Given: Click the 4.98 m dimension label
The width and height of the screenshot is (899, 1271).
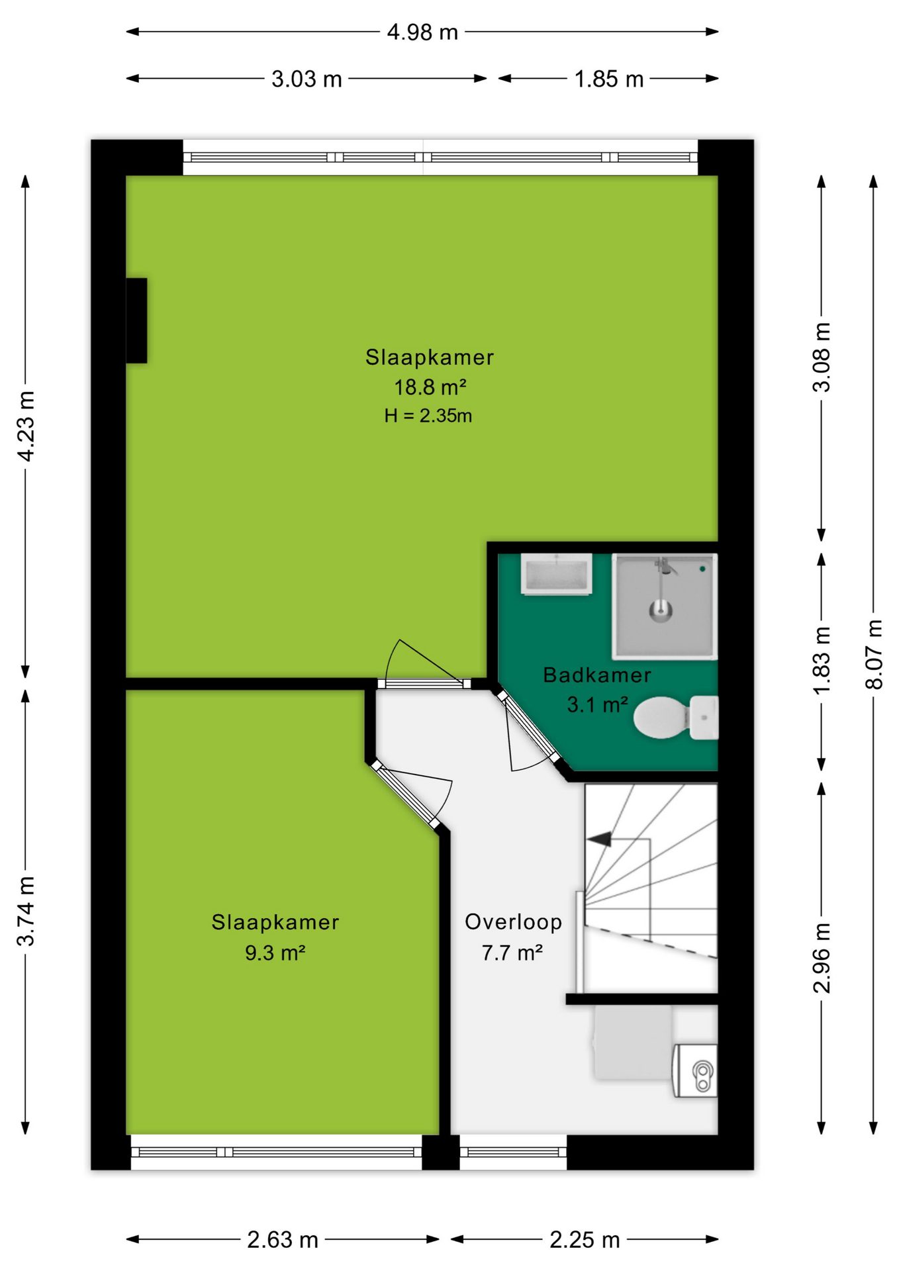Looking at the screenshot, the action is (422, 32).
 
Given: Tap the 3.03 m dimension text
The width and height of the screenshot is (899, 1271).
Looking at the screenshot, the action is (307, 79).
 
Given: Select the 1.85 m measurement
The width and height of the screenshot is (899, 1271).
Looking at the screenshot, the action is (608, 79).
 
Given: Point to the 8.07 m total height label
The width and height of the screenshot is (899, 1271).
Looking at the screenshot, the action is (874, 654).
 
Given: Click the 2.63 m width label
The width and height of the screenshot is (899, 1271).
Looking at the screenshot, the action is (283, 1239).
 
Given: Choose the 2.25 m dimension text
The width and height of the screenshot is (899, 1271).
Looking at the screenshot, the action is (585, 1239).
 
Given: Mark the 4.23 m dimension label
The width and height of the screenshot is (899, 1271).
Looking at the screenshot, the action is (26, 426).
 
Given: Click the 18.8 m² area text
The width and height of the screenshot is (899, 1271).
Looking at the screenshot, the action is (430, 387).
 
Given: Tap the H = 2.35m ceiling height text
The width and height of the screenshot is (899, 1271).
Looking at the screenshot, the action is (428, 416).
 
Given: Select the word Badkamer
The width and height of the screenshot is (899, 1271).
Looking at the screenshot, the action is (597, 675).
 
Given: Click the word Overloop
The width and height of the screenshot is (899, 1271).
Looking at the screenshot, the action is (514, 921).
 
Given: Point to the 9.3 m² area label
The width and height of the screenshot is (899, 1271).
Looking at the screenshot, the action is (275, 953).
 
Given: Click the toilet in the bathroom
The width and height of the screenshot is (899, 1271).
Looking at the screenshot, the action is (675, 718).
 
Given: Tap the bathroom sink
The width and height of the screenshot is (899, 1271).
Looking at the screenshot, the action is (556, 574).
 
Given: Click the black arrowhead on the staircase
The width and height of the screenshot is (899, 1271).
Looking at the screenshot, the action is (599, 839).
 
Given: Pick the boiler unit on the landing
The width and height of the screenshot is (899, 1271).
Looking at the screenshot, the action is (695, 1070).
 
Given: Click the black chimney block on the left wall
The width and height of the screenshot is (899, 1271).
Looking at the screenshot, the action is (136, 320).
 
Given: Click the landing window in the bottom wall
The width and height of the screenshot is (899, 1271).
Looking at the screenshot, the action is (513, 1152).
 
